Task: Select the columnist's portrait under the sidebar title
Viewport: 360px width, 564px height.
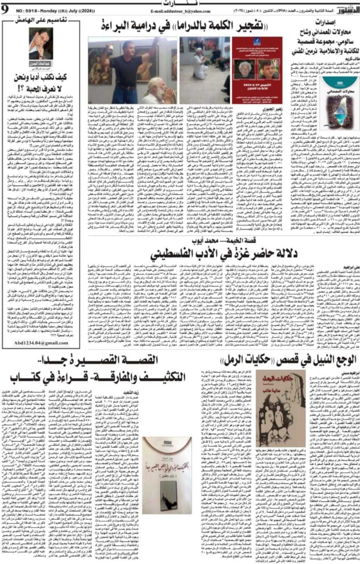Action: coord(41,44)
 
